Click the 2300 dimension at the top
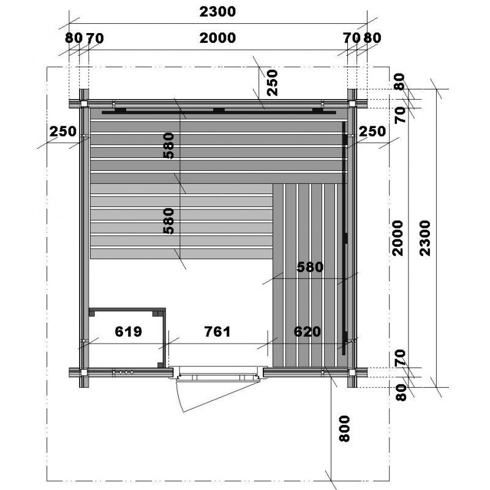(217, 12)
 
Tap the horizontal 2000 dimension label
(217, 38)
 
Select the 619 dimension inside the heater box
(128, 331)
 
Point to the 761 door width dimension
(217, 331)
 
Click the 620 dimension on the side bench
(307, 331)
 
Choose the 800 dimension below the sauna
(344, 428)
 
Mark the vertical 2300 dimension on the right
(425, 238)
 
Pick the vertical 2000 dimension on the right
(398, 238)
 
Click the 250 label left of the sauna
(63, 132)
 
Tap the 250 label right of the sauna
(372, 132)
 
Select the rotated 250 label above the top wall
(273, 83)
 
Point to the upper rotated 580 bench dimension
(169, 146)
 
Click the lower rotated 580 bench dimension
(169, 221)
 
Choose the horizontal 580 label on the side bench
(310, 267)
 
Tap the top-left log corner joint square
(84, 104)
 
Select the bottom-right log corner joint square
(352, 372)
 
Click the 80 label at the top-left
(73, 38)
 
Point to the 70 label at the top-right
(352, 38)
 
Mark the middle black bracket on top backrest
(219, 110)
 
